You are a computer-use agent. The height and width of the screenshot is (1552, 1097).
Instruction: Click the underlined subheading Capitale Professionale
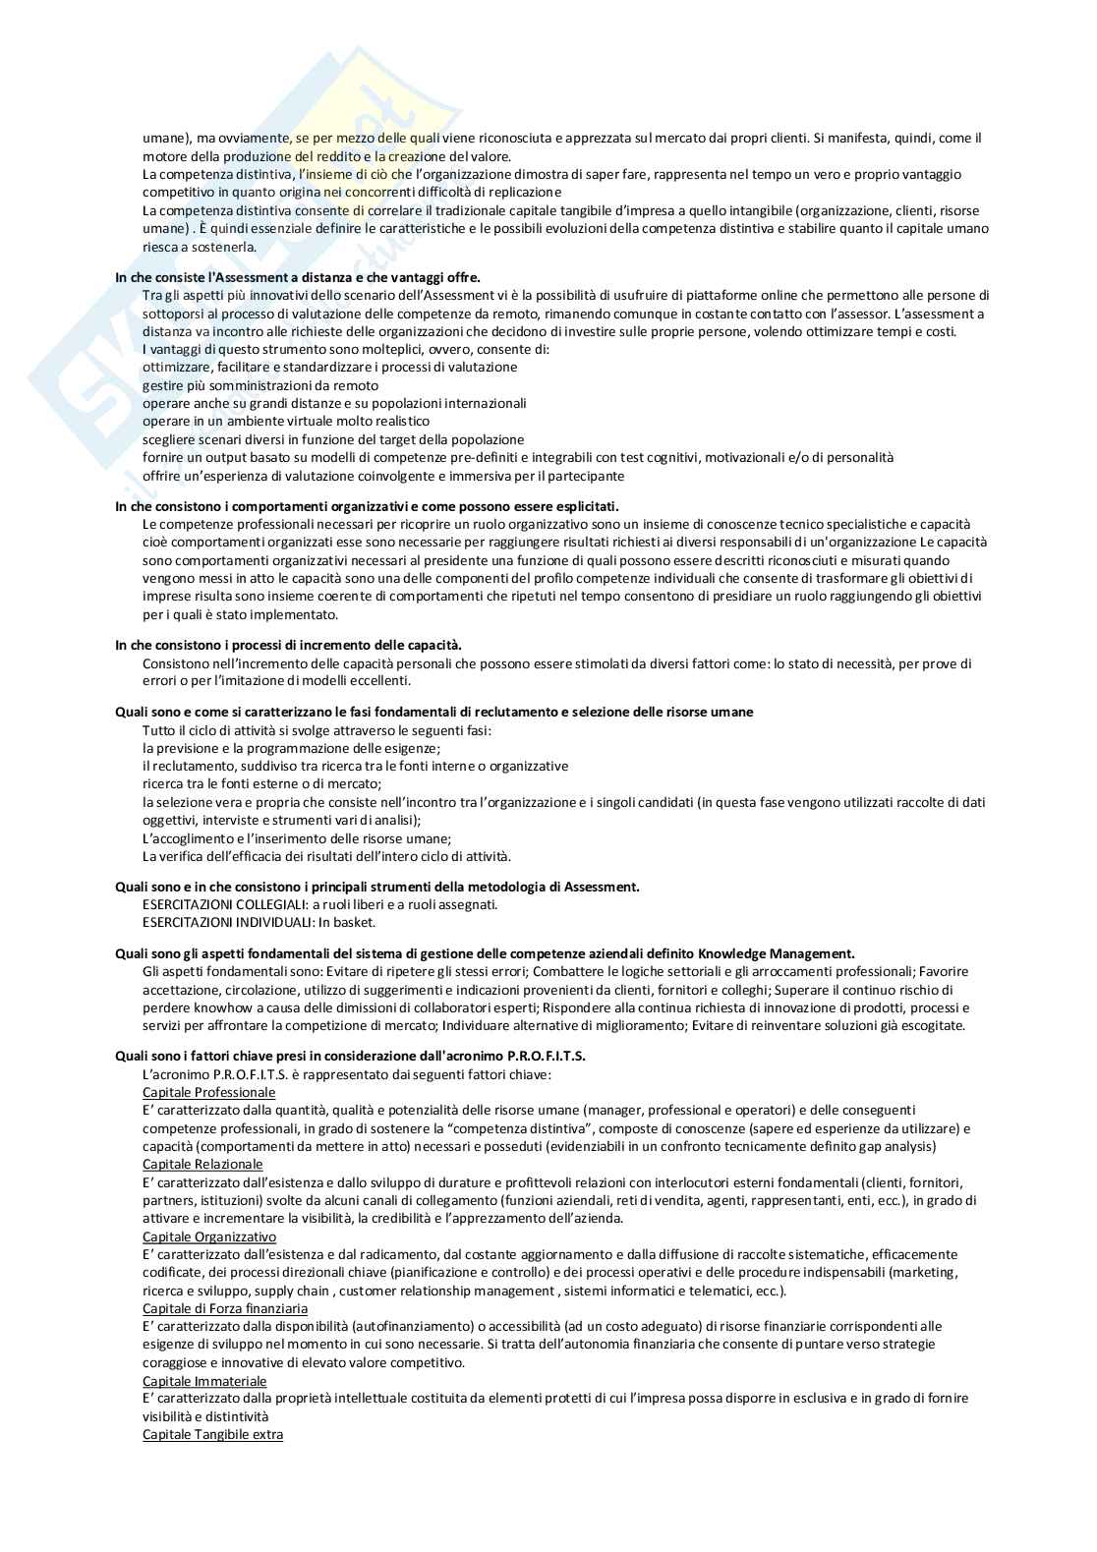208,1092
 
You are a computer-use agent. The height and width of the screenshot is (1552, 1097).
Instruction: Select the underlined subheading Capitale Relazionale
202,1164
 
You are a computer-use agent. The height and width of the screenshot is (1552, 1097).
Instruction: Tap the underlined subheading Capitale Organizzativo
209,1236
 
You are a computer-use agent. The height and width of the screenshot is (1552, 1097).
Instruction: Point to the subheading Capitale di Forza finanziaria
225,1308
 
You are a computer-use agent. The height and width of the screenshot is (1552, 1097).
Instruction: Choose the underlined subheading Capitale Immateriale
204,1381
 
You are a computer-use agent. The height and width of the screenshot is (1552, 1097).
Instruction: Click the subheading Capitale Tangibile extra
212,1435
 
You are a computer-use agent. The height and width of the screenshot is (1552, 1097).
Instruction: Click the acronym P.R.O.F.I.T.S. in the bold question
548,1056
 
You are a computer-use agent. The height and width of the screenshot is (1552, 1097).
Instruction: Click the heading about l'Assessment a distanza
297,277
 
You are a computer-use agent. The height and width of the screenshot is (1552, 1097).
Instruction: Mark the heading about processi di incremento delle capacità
288,645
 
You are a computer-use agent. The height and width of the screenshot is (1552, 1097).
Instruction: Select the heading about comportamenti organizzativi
367,506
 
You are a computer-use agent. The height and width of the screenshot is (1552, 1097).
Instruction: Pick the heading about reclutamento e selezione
434,712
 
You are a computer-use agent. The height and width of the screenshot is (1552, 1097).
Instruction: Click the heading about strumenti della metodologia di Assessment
377,887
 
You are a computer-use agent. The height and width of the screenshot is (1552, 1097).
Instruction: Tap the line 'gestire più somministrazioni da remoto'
260,385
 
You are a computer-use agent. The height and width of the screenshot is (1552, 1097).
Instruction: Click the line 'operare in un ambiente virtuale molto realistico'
286,421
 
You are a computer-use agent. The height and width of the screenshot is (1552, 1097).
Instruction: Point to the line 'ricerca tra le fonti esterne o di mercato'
261,783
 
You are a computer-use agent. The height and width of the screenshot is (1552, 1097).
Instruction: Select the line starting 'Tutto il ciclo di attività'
317,730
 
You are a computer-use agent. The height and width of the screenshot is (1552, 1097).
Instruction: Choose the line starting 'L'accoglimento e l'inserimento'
297,838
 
